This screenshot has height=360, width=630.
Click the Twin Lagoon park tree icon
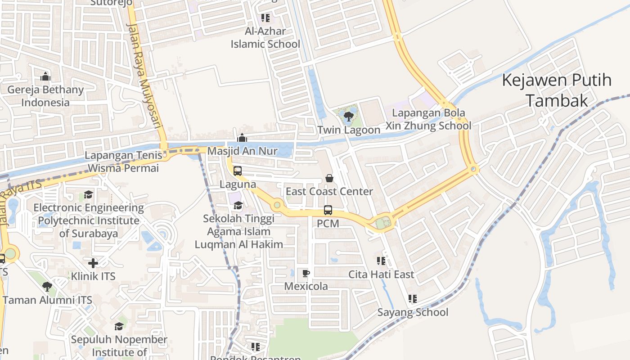[x=348, y=117]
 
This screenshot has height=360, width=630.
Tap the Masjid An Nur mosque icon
[x=242, y=137]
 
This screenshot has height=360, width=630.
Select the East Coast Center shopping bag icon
[x=329, y=178]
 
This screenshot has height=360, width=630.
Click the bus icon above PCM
[x=328, y=210]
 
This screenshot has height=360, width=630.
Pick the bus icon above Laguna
[x=237, y=171]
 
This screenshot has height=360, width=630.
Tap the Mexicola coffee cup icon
[x=306, y=273]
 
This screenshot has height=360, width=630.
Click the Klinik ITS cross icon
[x=93, y=263]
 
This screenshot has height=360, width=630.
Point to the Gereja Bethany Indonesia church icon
[x=45, y=76]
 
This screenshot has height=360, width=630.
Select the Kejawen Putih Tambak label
[x=557, y=90]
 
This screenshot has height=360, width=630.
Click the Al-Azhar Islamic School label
[x=265, y=38]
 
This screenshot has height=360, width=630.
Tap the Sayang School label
[x=413, y=312]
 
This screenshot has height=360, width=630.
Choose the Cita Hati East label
[x=381, y=274]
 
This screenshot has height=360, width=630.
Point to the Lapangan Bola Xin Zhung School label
[x=432, y=119]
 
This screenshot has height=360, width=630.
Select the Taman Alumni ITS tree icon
[x=47, y=286]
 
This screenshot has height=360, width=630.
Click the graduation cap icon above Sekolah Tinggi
[x=238, y=205]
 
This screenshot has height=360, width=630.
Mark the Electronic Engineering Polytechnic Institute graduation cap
[x=88, y=195]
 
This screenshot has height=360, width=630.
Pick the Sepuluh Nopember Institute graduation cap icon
[x=119, y=326]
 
